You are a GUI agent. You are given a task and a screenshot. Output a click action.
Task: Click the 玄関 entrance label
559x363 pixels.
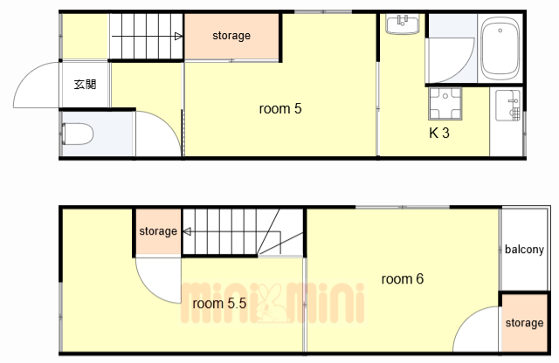[x=85, y=85]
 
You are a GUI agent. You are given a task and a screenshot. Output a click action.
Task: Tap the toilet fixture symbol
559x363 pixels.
[x=78, y=134]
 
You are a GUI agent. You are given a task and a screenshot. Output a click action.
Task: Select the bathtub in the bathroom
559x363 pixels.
[x=500, y=49]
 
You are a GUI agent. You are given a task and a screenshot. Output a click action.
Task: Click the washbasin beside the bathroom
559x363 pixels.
[x=403, y=24]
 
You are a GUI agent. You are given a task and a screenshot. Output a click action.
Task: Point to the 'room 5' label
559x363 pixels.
[x=280, y=109]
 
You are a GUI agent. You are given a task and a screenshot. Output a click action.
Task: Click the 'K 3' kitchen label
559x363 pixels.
[x=439, y=133]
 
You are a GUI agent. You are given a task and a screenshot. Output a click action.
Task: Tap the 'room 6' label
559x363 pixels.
[x=403, y=278]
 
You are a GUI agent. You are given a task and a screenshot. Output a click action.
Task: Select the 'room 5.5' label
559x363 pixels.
[x=219, y=303]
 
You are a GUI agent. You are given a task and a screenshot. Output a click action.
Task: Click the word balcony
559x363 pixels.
[x=524, y=250]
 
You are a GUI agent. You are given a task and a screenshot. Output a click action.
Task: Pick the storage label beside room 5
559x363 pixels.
[x=231, y=36]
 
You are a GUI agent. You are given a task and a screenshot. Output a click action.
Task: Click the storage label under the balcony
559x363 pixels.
[x=524, y=323]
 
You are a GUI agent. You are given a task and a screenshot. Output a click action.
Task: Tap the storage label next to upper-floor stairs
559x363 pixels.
[x=158, y=231]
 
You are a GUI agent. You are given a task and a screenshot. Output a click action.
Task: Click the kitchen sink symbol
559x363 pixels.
[x=507, y=106]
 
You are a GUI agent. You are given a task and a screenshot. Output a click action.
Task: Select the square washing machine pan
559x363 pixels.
[x=445, y=103]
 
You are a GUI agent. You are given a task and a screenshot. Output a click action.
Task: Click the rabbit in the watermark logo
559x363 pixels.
[x=269, y=304]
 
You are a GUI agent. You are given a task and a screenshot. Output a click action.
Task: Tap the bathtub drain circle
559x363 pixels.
[x=500, y=31]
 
